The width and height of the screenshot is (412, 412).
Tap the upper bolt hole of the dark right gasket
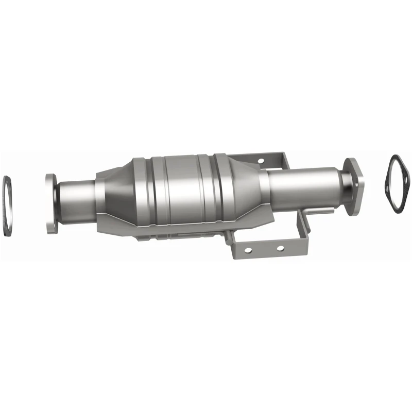coord(393,161)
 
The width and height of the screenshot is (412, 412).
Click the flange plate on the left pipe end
coord(51,203)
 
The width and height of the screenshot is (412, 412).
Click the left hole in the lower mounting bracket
coord(248,250)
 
